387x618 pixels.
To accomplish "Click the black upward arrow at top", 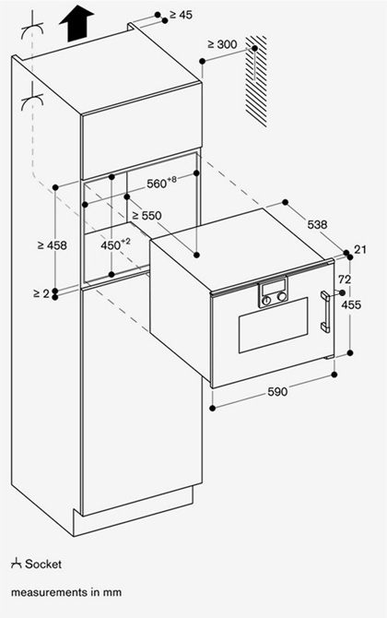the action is pos(76,23).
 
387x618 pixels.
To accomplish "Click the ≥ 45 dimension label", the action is pos(182,15).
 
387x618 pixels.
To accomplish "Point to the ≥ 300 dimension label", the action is pos(222,44).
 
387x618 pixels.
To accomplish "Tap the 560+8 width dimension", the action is pos(161,183).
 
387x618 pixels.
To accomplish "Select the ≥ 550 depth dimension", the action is pos(147,216).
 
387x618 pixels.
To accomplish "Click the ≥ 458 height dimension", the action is pos(52,245).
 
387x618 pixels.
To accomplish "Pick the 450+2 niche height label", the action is pos(115,244).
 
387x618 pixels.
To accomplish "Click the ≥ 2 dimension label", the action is pos(41,293).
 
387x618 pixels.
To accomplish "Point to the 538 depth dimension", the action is pos(317,225).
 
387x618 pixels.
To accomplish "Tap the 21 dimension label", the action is pos(360,249).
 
